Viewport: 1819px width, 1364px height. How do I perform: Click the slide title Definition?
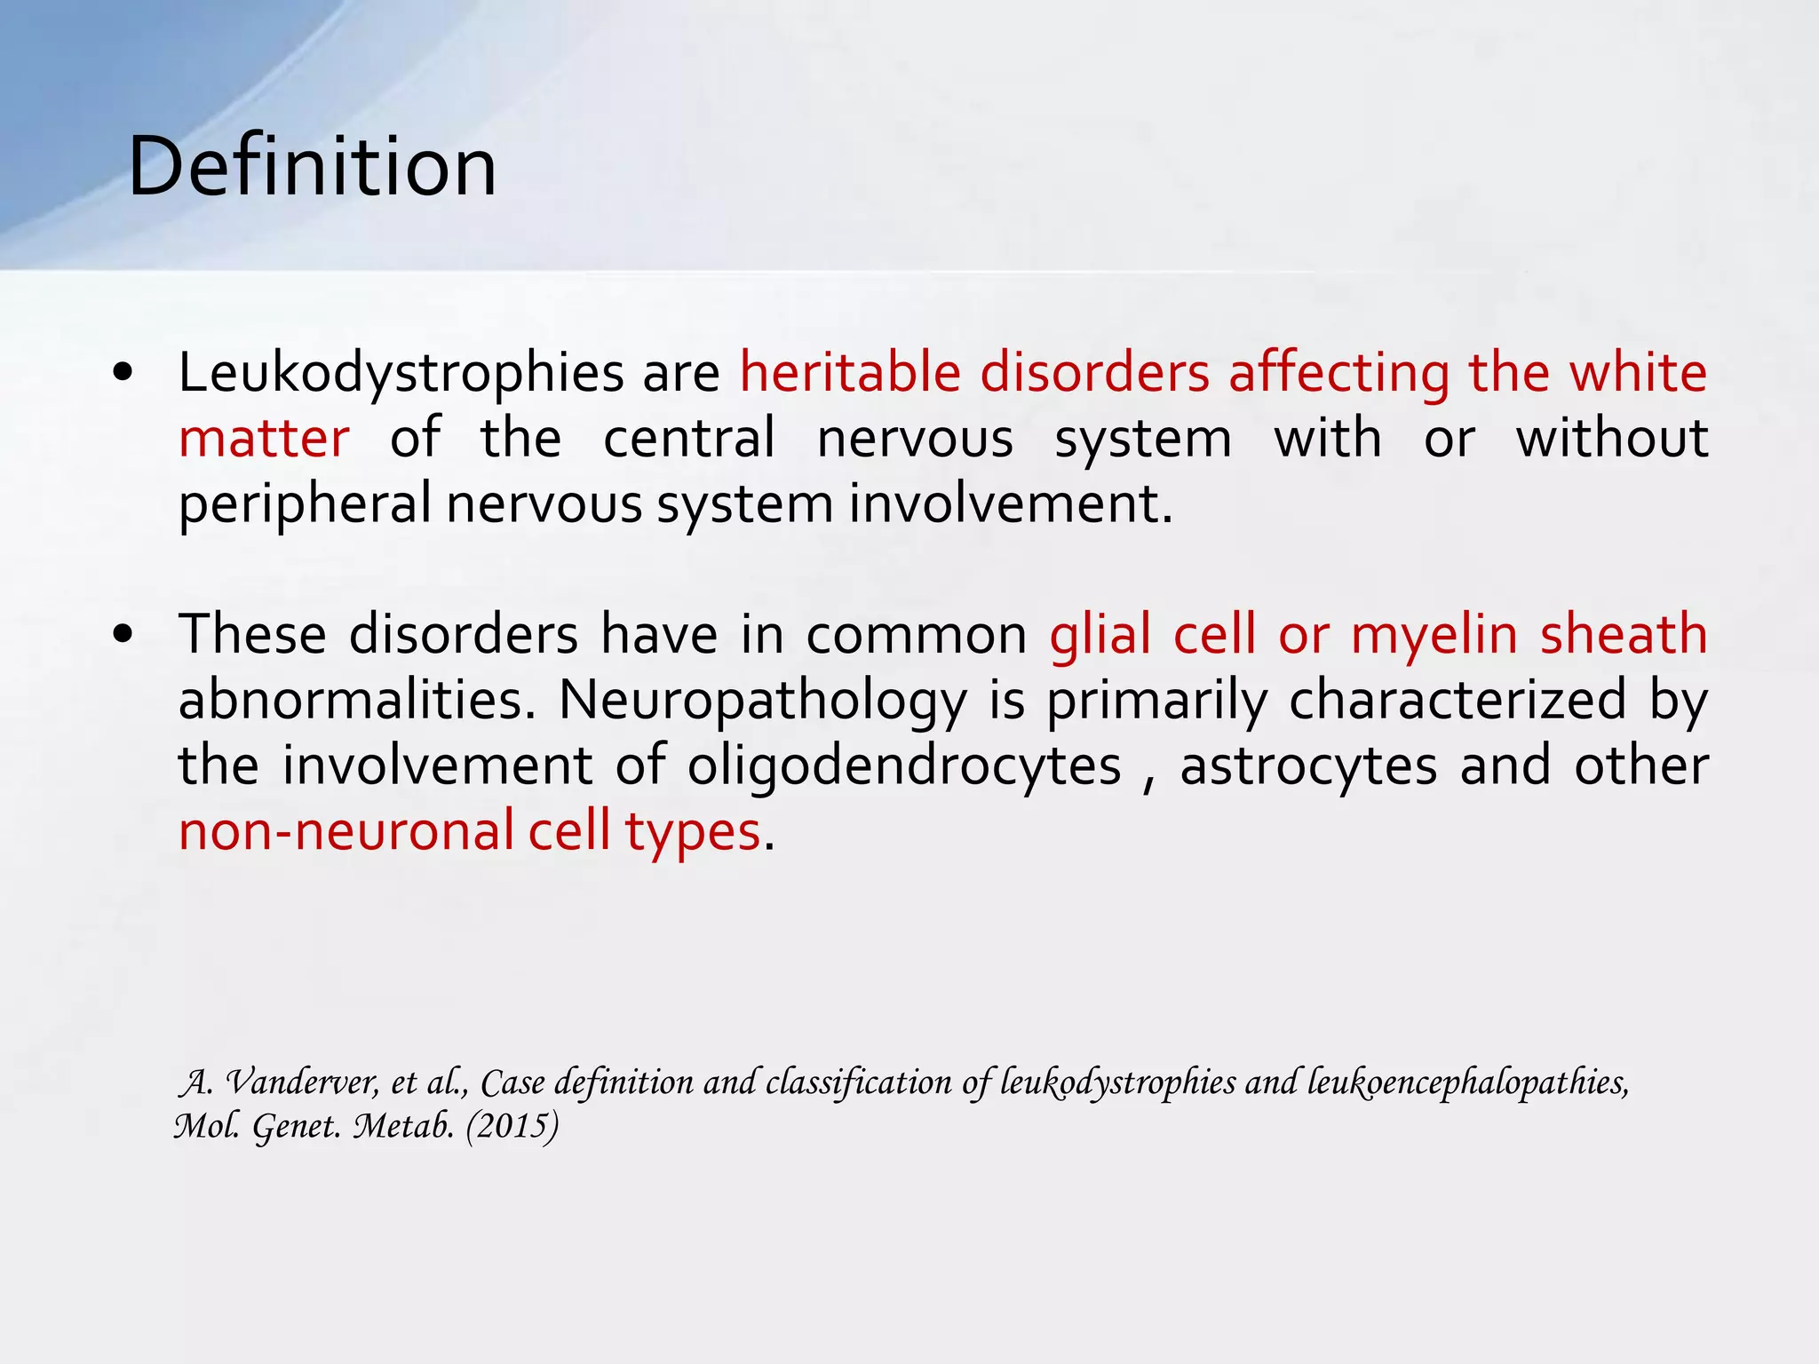coord(312,167)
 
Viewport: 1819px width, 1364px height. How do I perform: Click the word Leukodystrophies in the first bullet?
coord(401,373)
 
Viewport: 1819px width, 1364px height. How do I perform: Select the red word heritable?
coord(850,373)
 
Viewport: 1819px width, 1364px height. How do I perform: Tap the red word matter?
coord(264,439)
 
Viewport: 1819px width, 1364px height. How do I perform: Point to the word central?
coord(689,439)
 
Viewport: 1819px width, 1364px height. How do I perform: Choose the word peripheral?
coord(305,504)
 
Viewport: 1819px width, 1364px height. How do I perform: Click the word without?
coord(1611,439)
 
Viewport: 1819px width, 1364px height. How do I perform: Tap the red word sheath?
coord(1624,635)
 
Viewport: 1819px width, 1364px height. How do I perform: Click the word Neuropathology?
coord(762,701)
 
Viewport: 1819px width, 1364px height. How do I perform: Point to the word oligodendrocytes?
coord(904,765)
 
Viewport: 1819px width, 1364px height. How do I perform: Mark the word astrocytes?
coord(1307,765)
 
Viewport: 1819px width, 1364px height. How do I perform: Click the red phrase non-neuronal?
coord(346,831)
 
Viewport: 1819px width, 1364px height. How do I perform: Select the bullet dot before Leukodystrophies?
coord(123,374)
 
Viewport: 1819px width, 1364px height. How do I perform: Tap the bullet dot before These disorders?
coord(123,636)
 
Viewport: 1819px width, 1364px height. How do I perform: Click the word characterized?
coord(1457,701)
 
